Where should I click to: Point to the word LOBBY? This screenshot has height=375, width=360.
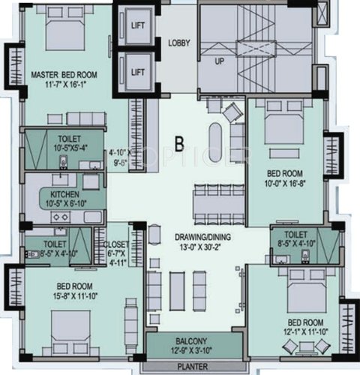pos(178,42)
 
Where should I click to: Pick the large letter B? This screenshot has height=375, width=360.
pos(179,142)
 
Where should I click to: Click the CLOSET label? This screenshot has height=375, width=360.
pos(115,244)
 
